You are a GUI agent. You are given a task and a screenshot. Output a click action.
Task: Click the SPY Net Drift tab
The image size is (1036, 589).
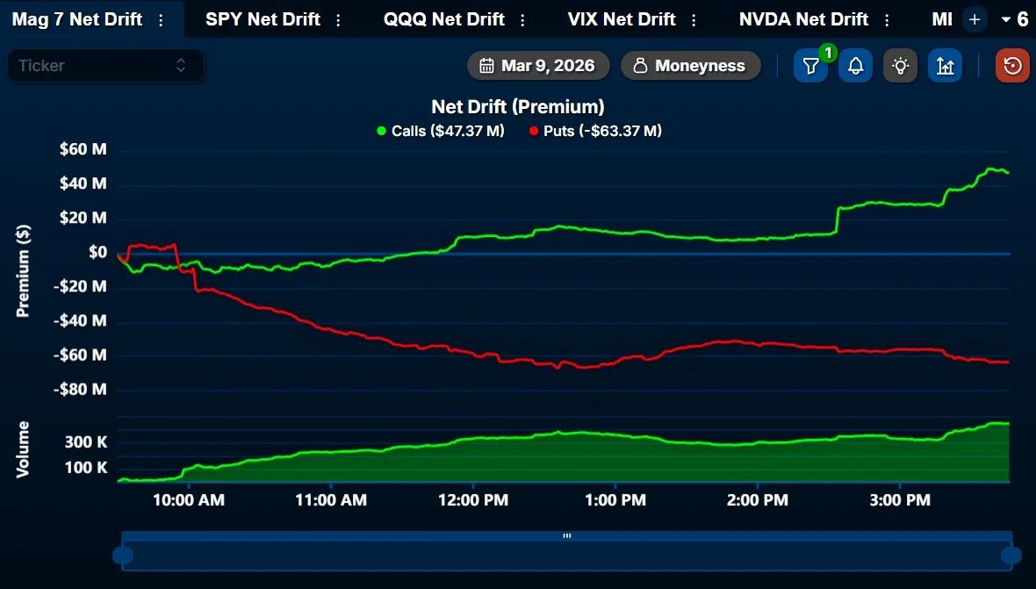point(263,19)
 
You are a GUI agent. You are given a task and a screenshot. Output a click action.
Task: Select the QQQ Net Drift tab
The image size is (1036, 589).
point(443,19)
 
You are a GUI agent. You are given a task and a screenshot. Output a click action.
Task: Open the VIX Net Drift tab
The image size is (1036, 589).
point(622,19)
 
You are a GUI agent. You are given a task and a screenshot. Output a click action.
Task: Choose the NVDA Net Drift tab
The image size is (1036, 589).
point(803,19)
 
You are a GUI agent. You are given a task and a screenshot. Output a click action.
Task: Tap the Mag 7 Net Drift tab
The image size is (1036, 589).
point(77,19)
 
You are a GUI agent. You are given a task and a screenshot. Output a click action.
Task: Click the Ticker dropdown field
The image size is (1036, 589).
point(105,66)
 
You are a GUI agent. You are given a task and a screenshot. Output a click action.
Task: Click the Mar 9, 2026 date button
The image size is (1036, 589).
point(537,66)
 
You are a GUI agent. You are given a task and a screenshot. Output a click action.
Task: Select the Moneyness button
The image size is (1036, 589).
point(690,66)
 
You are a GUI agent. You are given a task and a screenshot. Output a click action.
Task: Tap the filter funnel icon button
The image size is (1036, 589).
point(810,66)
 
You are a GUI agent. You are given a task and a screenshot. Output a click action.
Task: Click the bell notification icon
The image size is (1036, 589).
point(855,66)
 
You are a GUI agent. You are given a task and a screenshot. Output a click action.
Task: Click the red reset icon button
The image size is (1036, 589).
point(1012,66)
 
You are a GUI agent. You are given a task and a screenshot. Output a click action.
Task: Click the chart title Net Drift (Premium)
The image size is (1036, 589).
point(518,107)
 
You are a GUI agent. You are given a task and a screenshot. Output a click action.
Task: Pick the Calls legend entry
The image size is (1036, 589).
point(440,131)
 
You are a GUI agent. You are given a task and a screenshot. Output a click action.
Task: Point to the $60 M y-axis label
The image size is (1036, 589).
point(83,149)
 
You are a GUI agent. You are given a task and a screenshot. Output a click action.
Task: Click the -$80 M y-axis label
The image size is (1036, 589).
point(81,389)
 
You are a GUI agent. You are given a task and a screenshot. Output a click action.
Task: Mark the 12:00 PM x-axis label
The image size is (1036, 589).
point(474,500)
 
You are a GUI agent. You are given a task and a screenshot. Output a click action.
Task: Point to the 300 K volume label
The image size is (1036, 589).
point(86,442)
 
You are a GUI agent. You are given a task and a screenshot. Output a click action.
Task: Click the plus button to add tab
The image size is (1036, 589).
point(974,19)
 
